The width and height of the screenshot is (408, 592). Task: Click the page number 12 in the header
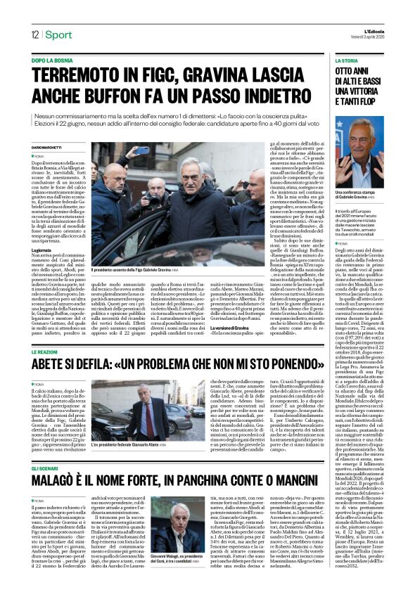(34, 33)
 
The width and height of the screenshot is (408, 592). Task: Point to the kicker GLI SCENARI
(48, 468)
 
